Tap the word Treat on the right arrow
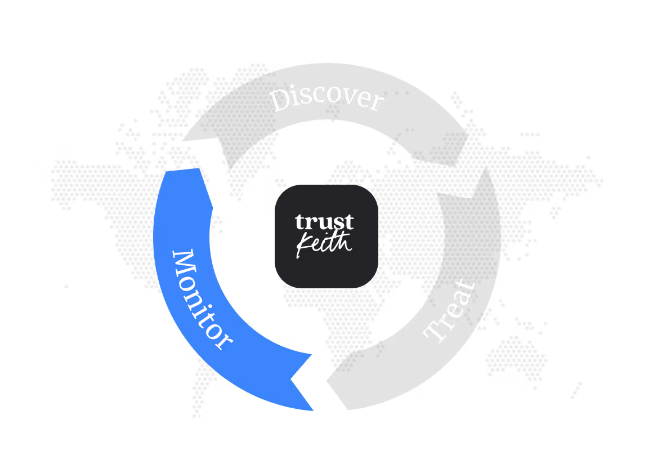click(450, 310)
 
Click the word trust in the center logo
click(325, 222)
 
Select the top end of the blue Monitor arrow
click(183, 172)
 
